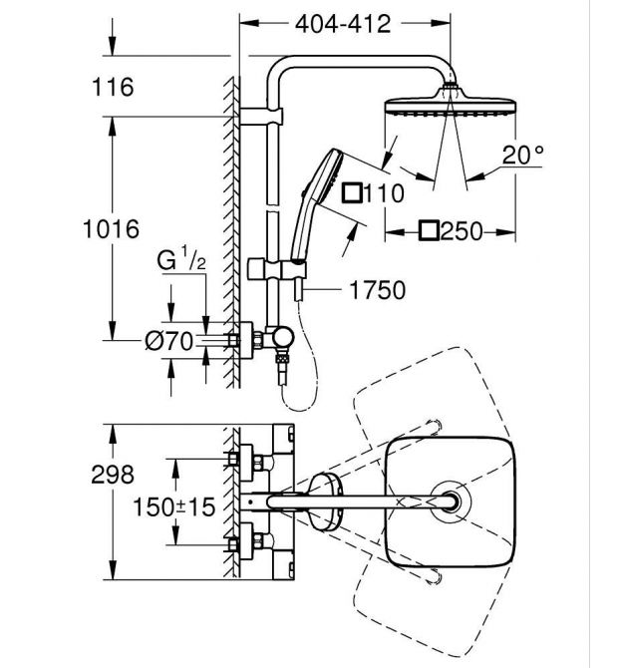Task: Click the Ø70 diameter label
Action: pos(168,341)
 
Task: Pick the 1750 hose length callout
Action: pos(377,291)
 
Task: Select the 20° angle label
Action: pos(523,155)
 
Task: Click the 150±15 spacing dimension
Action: pos(175,506)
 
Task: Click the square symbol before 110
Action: pos(351,193)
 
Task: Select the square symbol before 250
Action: pos(428,232)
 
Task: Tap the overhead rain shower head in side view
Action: pos(449,106)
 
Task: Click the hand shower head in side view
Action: pos(328,166)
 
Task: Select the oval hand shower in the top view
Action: pos(325,501)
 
